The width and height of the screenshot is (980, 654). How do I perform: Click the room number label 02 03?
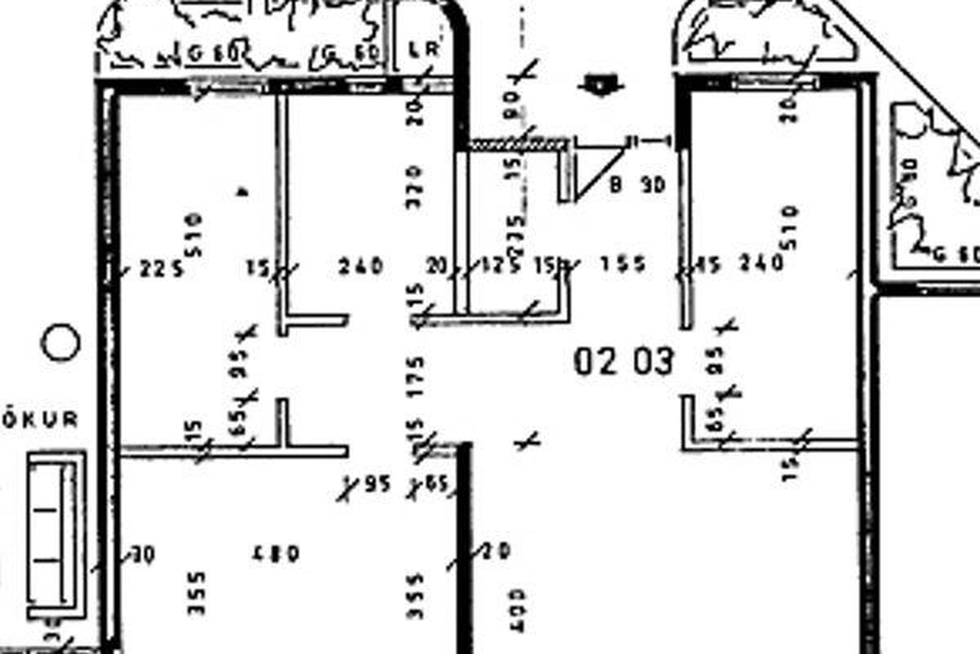624,361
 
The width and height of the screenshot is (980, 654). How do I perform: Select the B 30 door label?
638,185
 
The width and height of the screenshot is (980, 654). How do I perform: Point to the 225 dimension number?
161,269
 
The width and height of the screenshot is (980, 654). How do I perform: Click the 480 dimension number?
276,554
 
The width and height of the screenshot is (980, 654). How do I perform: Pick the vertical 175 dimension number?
416,377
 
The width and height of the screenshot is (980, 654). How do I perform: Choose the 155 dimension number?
623,264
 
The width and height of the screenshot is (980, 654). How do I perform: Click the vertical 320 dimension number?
414,186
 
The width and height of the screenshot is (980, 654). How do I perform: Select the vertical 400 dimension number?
517,611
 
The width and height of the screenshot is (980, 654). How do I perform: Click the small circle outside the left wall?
60,342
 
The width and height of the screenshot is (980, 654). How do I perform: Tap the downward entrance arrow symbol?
601,85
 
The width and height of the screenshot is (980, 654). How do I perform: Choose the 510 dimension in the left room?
195,235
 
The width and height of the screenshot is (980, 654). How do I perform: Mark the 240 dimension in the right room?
762,264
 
